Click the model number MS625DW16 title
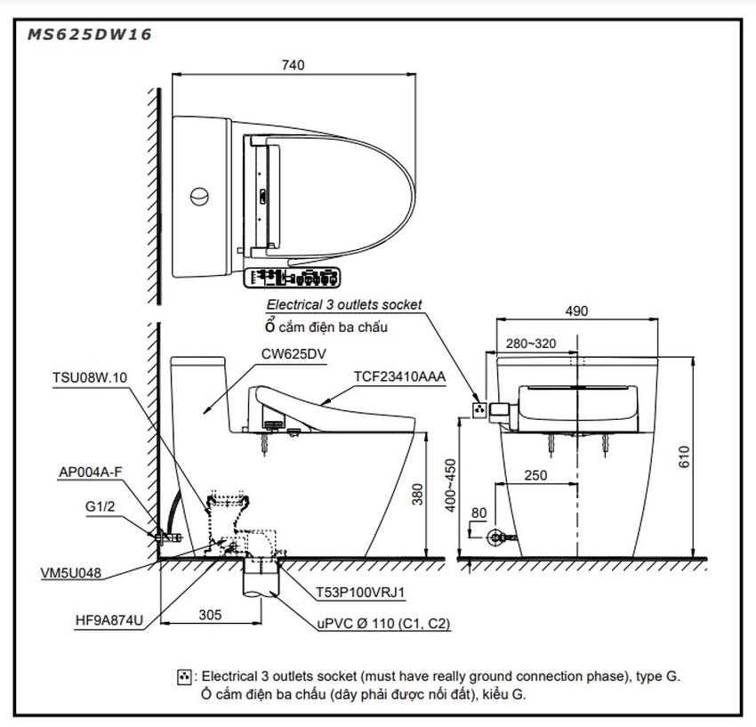pyautogui.click(x=89, y=36)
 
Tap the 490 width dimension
pyautogui.click(x=576, y=311)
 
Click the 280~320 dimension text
pyautogui.click(x=531, y=343)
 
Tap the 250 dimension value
pyautogui.click(x=535, y=475)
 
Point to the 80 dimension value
pyautogui.click(x=479, y=513)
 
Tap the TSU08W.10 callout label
pyautogui.click(x=90, y=376)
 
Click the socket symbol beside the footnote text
pyautogui.click(x=185, y=677)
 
